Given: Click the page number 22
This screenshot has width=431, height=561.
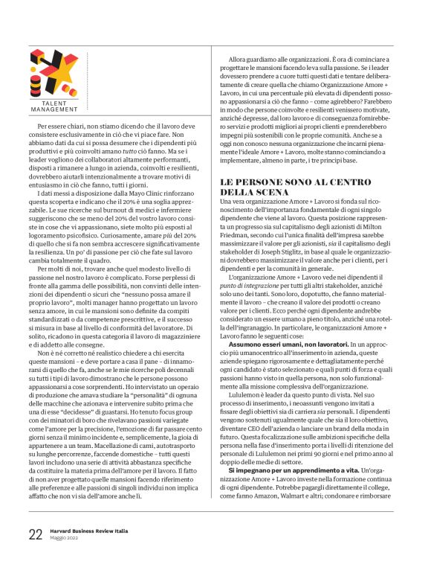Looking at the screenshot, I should (35, 535).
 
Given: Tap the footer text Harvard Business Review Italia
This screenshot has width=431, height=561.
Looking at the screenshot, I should (88, 531).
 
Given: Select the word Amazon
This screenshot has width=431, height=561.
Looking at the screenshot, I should (282, 515).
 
